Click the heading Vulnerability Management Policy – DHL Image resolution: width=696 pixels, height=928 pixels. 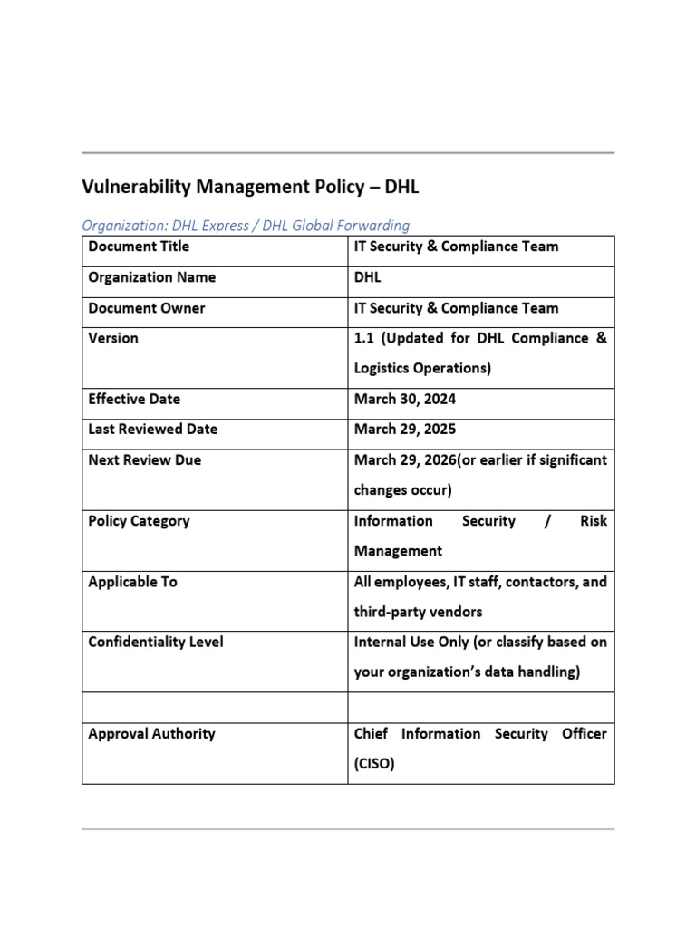[251, 188]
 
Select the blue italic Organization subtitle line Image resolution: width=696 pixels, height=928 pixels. [246, 226]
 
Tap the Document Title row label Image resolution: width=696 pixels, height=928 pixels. [139, 246]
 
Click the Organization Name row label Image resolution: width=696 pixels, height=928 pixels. [151, 277]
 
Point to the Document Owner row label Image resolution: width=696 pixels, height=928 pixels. [147, 308]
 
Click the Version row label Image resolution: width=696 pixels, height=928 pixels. [113, 338]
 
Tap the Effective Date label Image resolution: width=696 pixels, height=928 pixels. [134, 399]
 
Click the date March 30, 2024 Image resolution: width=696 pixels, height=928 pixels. [404, 399]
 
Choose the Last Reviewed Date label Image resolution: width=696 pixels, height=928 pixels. [152, 429]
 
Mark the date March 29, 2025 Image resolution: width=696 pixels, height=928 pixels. [404, 429]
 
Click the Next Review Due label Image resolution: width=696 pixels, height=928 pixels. [145, 459]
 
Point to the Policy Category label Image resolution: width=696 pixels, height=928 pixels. [139, 521]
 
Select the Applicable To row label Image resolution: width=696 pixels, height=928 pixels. [132, 582]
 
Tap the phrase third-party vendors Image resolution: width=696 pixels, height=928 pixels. [418, 612]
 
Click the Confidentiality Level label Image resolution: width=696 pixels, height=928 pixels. [155, 642]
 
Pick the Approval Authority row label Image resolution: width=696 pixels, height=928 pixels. [151, 733]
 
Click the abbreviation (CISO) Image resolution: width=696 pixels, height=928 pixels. [374, 764]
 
